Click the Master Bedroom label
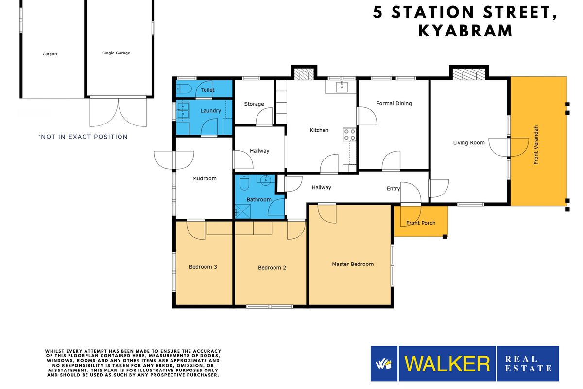[x=353, y=264]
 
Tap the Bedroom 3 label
[x=203, y=267]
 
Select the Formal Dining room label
[x=394, y=103]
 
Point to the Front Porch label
[x=421, y=223]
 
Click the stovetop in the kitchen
[x=349, y=134]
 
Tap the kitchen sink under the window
[x=342, y=87]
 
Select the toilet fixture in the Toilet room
[x=183, y=89]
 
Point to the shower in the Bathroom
[x=242, y=211]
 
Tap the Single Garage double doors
[x=118, y=112]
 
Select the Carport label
[x=50, y=54]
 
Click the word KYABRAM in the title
[x=465, y=31]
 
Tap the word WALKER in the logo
[x=447, y=364]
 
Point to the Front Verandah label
[x=536, y=144]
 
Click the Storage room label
[x=254, y=104]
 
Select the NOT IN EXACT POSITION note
[x=83, y=137]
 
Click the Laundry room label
[x=211, y=111]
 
